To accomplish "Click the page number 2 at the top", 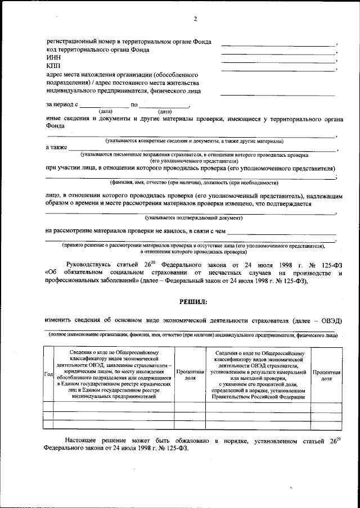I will pyautogui.click(x=195, y=19).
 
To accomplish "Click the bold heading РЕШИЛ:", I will pyautogui.click(x=193, y=302).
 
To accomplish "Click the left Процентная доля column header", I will pyautogui.click(x=190, y=375).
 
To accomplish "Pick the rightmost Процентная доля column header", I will pyautogui.click(x=326, y=375).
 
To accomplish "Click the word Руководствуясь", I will pyautogui.click(x=92, y=264).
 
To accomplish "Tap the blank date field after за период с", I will pyautogui.click(x=105, y=107).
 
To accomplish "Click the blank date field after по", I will pyautogui.click(x=164, y=107).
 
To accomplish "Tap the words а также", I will pyautogui.click(x=56, y=148).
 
